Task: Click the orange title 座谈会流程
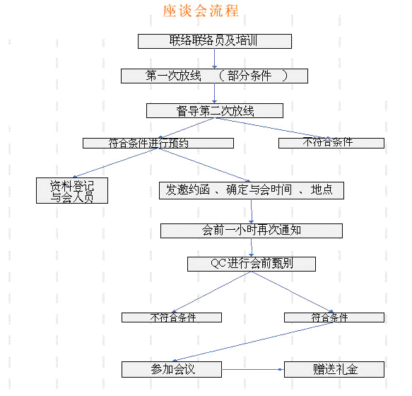[x=201, y=11]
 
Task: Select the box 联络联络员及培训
[x=215, y=41]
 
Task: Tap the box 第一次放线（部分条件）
[x=214, y=76]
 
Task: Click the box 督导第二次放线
[x=215, y=111]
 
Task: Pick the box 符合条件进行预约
[x=158, y=144]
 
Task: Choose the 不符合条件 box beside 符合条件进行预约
[x=331, y=143]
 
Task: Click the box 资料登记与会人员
[x=72, y=191]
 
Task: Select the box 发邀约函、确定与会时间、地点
[x=252, y=191]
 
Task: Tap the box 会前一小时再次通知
[x=252, y=231]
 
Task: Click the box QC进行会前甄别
[x=252, y=264]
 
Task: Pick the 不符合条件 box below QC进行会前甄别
[x=172, y=318]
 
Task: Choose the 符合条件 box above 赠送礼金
[x=334, y=318]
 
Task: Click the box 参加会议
[x=172, y=369]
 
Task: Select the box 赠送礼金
[x=334, y=369]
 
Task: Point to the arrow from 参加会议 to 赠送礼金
[x=253, y=369]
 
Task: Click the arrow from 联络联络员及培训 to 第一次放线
[x=214, y=59]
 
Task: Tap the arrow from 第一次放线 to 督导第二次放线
[x=214, y=93]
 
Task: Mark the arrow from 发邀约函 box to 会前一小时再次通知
[x=251, y=211]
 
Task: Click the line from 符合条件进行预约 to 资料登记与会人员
[x=116, y=163]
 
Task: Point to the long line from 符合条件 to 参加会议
[x=252, y=342]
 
